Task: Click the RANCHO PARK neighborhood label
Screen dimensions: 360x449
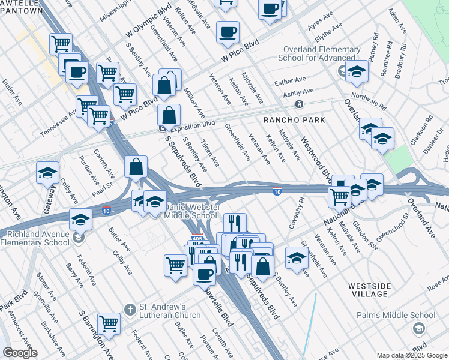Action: pos(295,120)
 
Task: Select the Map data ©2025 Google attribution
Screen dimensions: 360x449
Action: pos(411,355)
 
